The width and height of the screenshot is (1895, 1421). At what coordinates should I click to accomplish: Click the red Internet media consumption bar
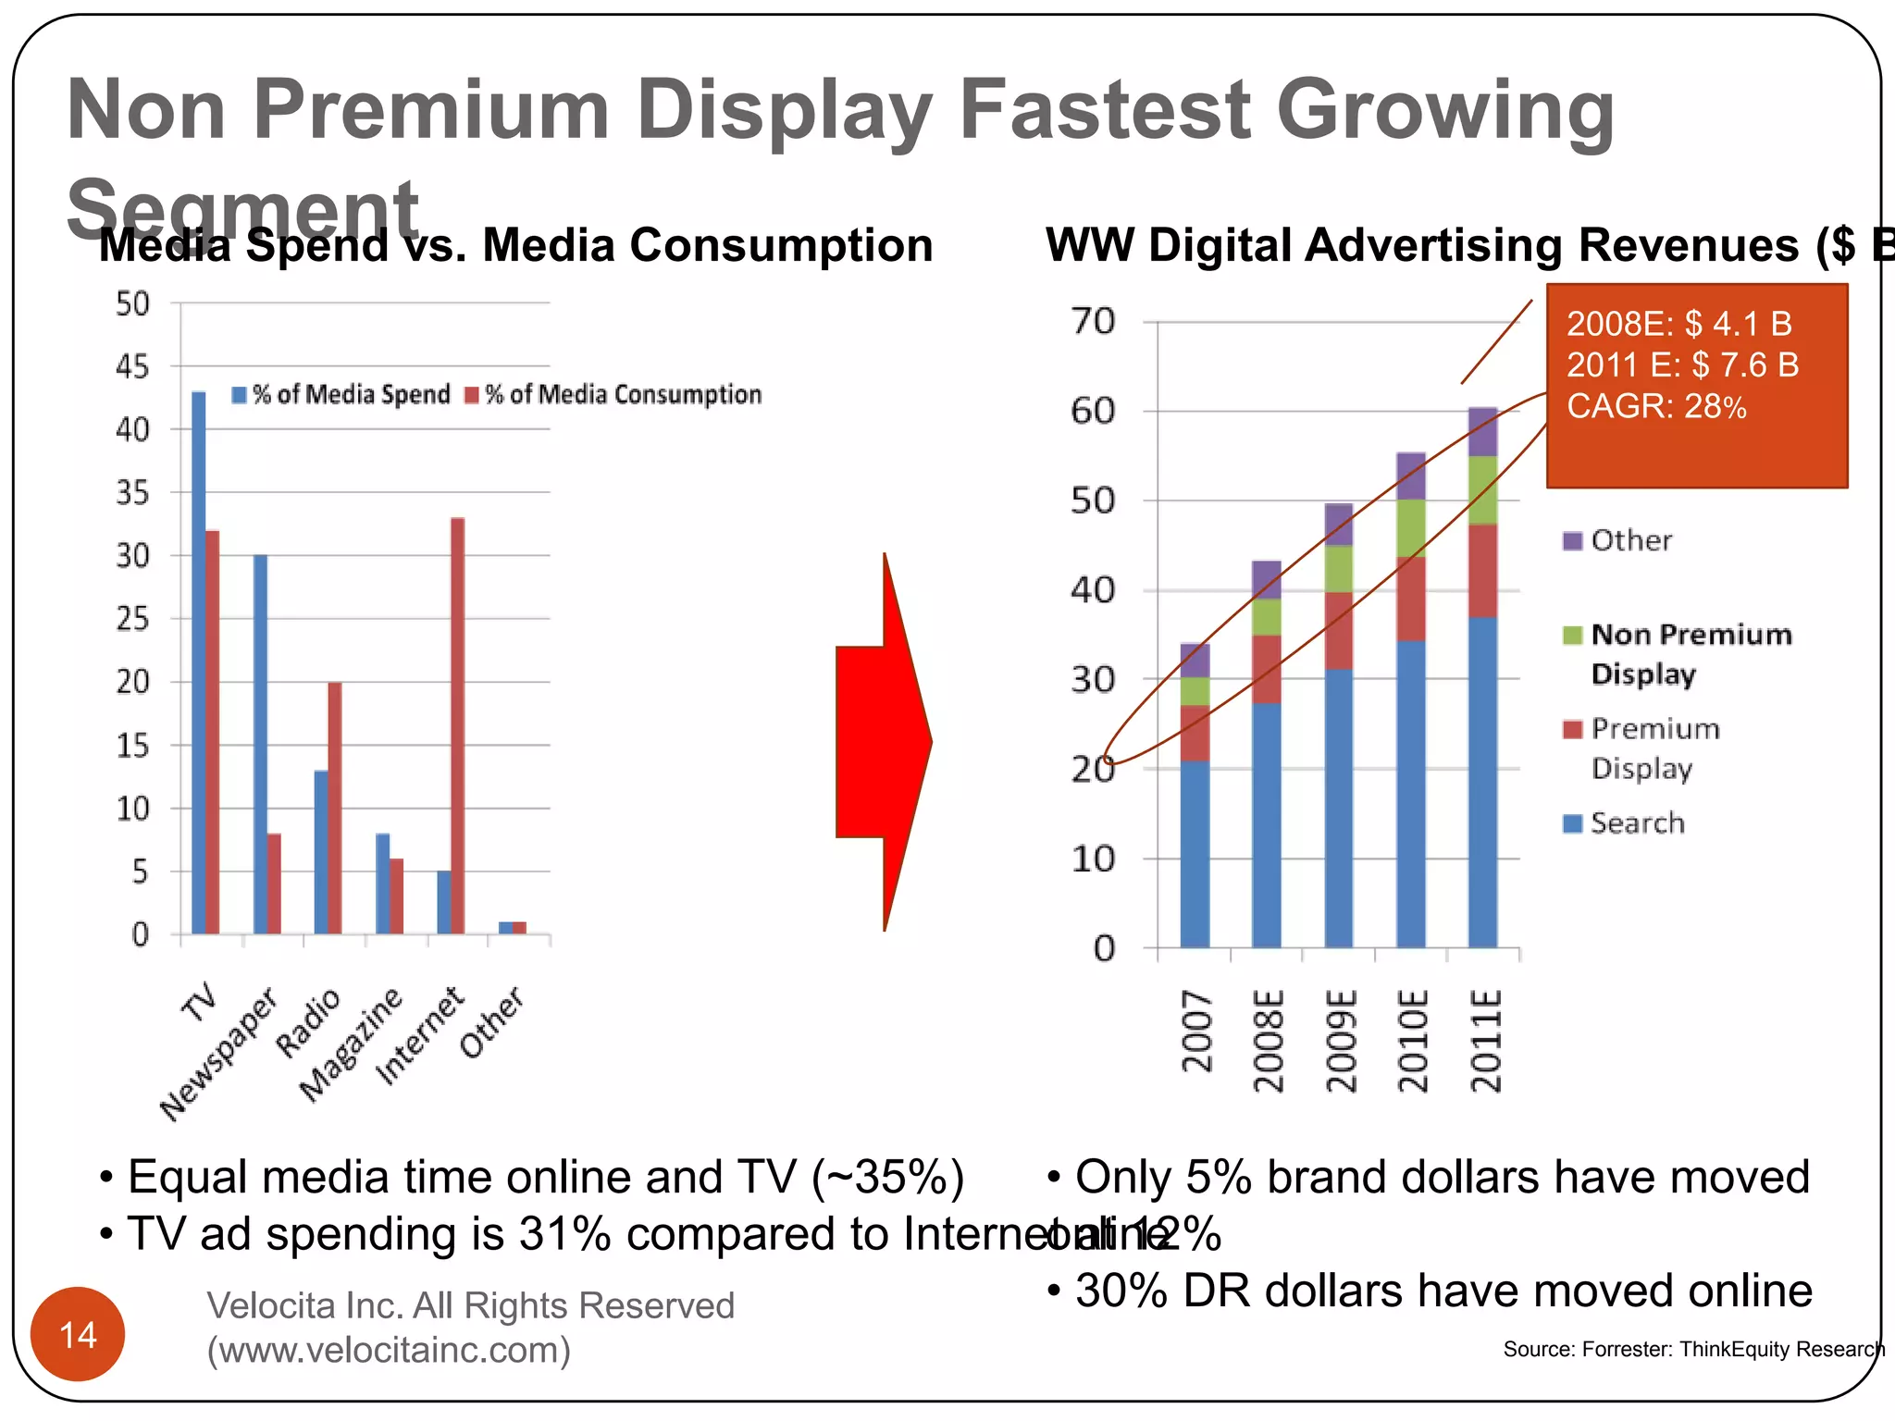tap(457, 725)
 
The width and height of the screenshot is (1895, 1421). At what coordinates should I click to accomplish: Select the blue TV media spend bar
tap(198, 662)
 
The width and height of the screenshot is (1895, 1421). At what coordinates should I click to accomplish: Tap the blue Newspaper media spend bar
tap(260, 744)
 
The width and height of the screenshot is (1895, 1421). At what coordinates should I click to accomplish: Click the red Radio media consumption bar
tap(335, 808)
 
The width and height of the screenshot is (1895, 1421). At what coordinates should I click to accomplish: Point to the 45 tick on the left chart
tap(132, 367)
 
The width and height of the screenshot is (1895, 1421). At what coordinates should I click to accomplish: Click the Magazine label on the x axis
tap(352, 1045)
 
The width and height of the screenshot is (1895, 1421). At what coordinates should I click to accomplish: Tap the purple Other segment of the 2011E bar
tap(1482, 432)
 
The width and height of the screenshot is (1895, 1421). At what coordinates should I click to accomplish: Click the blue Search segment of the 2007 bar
tap(1195, 854)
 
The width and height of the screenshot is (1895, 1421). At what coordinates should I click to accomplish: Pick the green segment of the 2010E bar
tap(1410, 528)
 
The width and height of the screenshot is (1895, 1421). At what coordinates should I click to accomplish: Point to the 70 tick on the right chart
tap(1094, 322)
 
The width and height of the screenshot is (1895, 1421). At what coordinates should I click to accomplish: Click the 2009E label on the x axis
tap(1340, 1040)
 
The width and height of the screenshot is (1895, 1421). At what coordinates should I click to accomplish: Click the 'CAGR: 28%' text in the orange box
tap(1656, 406)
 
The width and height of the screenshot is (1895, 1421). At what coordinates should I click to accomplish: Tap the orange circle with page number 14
tap(78, 1334)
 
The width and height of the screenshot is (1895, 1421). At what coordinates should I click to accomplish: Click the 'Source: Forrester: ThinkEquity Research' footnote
tap(1692, 1349)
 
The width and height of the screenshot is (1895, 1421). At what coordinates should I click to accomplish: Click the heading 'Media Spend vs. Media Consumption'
tap(515, 246)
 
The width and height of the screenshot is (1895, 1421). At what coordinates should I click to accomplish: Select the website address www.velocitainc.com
tap(389, 1350)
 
